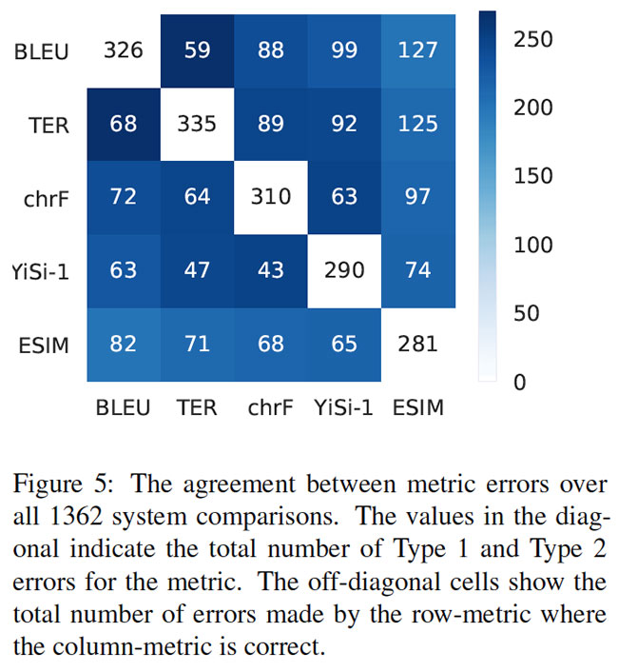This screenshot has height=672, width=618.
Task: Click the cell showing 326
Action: coord(124,49)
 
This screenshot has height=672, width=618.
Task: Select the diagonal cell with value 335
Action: coord(197,123)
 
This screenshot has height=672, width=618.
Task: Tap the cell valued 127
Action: coord(417,49)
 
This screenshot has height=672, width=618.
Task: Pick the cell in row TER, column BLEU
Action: coord(124,123)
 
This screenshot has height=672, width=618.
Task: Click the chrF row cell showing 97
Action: coord(417,196)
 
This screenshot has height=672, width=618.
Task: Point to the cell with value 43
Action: coord(271,269)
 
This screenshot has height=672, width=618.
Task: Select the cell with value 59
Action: coord(197,49)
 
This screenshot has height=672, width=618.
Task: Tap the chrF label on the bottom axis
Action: coord(271,407)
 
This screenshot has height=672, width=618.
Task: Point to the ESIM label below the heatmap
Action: coord(417,407)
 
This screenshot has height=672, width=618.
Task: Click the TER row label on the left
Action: coord(48,124)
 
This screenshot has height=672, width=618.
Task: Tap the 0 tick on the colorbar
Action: coord(519,382)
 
